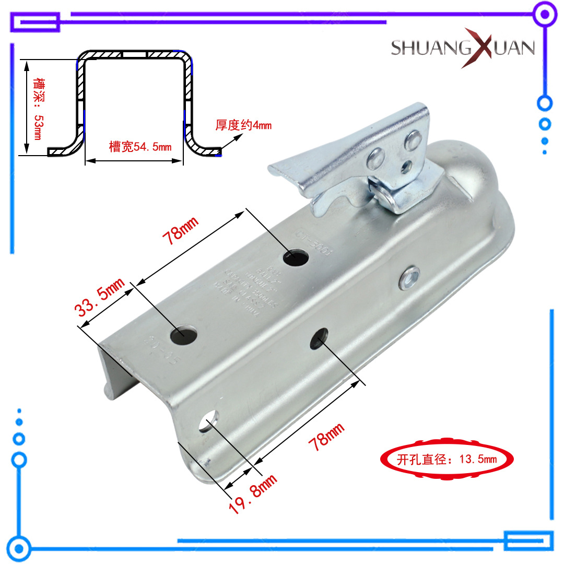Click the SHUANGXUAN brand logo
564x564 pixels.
point(463,48)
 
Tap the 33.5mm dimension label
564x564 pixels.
point(100,298)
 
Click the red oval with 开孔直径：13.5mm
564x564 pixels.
point(446,459)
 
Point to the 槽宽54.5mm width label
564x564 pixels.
point(140,147)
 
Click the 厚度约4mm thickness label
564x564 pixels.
point(243,125)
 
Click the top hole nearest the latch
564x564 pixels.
point(296,256)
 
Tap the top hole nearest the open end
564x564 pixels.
point(184,333)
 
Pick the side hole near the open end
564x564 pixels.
point(209,420)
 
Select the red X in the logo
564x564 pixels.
point(475,48)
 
